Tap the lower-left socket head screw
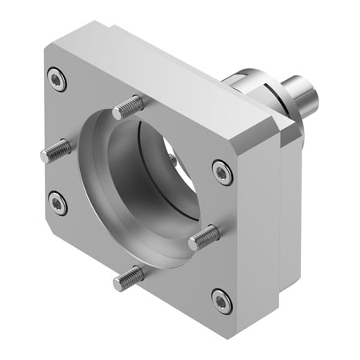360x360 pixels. (x=57, y=202)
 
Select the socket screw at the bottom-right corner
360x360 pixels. (x=222, y=301)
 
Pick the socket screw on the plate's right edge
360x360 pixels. (x=222, y=171)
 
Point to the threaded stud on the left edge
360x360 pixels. (x=56, y=150)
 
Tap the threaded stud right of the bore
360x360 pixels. (x=204, y=238)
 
